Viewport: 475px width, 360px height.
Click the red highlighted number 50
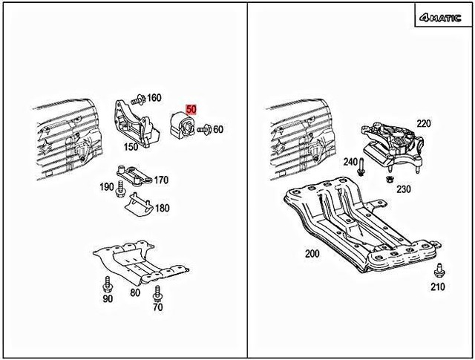[191, 109]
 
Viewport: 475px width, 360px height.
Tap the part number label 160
[154, 98]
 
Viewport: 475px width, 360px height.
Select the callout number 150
[131, 148]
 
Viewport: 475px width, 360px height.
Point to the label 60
[218, 129]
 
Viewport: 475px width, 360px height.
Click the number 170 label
[161, 180]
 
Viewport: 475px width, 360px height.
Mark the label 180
[161, 209]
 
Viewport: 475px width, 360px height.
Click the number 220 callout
[423, 123]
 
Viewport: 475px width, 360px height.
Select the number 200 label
[312, 253]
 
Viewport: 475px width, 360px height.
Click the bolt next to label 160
[137, 98]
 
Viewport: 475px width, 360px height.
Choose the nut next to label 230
[388, 177]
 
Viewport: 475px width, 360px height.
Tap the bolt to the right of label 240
[362, 166]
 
